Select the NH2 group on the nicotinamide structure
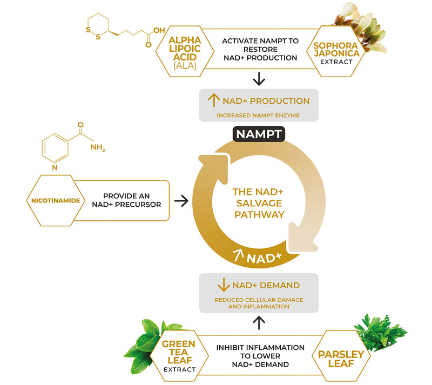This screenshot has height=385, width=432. point(98,146)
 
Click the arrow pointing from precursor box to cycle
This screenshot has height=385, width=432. point(181,201)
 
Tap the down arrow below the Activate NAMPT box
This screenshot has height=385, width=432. point(259,79)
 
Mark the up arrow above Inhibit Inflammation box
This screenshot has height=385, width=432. point(259,323)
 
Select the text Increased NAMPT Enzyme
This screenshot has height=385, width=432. point(259,115)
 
